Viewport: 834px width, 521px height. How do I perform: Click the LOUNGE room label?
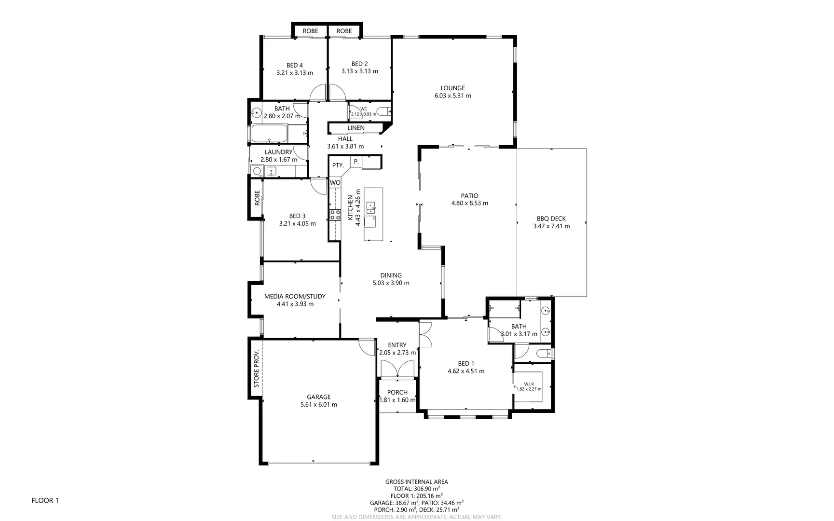452,88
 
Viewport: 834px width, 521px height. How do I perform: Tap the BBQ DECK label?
551,219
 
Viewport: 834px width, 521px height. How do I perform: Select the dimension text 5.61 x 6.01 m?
318,405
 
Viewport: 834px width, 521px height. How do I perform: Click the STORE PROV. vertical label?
257,369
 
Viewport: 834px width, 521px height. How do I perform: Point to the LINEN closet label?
355,128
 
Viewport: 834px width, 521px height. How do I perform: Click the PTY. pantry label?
338,165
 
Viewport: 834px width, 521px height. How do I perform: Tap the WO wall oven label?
335,183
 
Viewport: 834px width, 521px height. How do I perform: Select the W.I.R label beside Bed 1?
529,384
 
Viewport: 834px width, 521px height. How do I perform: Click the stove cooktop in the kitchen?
335,215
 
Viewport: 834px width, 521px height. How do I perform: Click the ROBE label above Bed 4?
310,31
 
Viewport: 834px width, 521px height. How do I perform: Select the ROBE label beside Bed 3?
257,198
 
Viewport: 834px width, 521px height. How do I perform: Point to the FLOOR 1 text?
45,500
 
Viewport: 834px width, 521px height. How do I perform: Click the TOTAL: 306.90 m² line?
416,489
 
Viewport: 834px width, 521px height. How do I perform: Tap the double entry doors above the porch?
397,370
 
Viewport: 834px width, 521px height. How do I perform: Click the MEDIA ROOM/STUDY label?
295,296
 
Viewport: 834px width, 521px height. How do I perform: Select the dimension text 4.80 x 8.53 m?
469,203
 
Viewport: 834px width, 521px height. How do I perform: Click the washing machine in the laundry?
257,171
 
